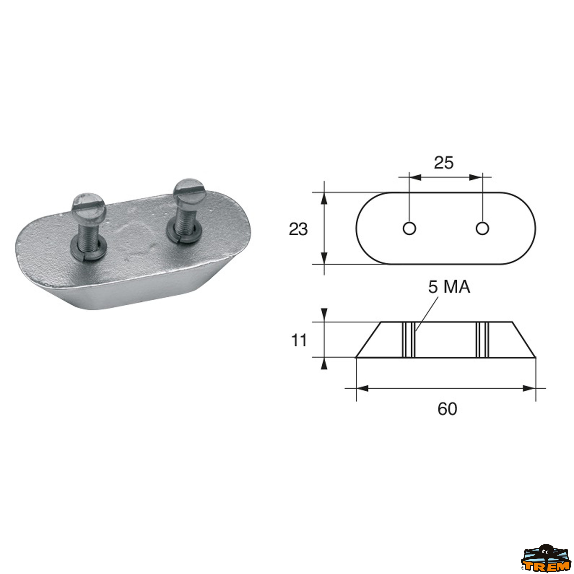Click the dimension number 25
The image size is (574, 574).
click(x=444, y=163)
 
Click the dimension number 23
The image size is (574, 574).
click(x=298, y=229)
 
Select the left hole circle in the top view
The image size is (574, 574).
click(x=409, y=228)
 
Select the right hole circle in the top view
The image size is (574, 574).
click(x=482, y=228)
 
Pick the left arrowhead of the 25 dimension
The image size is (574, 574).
click(x=415, y=177)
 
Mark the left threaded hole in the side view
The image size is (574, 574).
click(x=408, y=340)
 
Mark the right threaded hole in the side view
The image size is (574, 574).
click(x=482, y=340)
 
